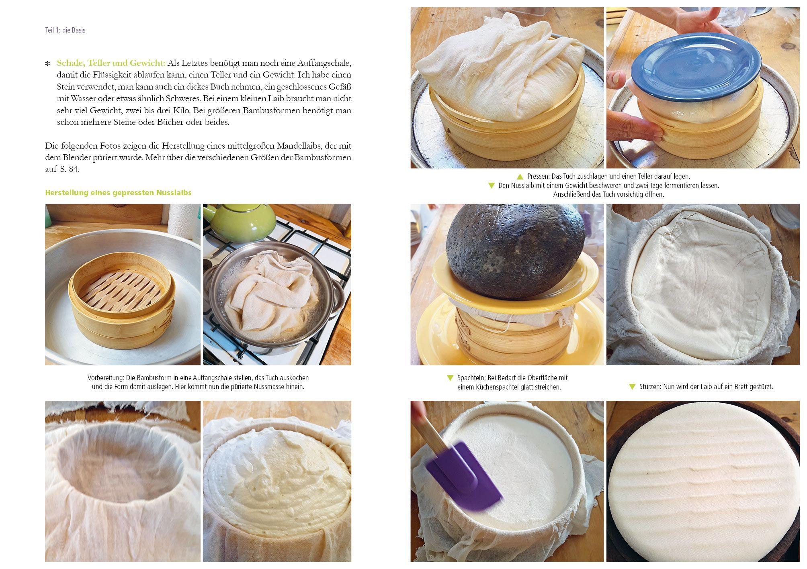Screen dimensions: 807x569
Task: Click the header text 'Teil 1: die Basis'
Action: click(65, 30)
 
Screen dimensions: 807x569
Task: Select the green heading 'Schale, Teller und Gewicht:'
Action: click(111, 63)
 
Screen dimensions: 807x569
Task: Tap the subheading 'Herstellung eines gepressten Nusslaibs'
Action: click(118, 193)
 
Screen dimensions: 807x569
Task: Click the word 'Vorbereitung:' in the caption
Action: click(106, 378)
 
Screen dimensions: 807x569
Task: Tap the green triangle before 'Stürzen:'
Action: click(632, 387)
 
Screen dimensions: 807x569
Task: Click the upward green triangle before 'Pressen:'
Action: click(520, 176)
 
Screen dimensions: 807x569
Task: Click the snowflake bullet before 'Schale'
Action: click(48, 63)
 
